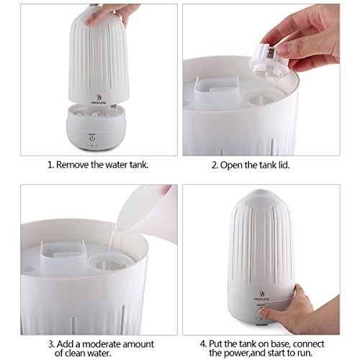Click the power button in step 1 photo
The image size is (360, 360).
[92, 138]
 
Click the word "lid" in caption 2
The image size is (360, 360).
[283, 165]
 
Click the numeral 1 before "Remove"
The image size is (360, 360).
[50, 165]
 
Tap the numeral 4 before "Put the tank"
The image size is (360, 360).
[203, 344]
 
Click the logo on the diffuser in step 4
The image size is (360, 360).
[261, 296]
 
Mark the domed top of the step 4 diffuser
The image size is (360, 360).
[261, 196]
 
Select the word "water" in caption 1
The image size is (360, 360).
[117, 165]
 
